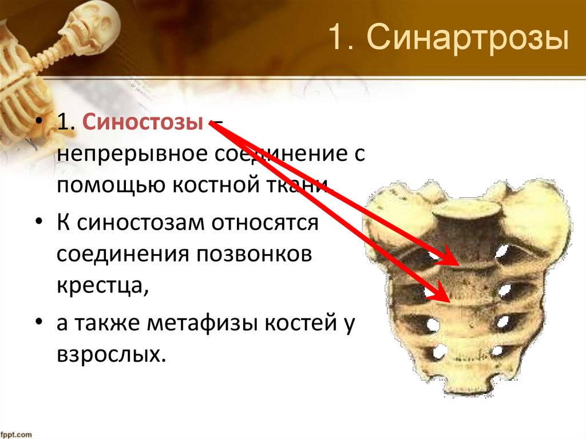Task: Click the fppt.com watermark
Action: tap(17, 434)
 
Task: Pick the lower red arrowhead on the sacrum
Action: tap(442, 296)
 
